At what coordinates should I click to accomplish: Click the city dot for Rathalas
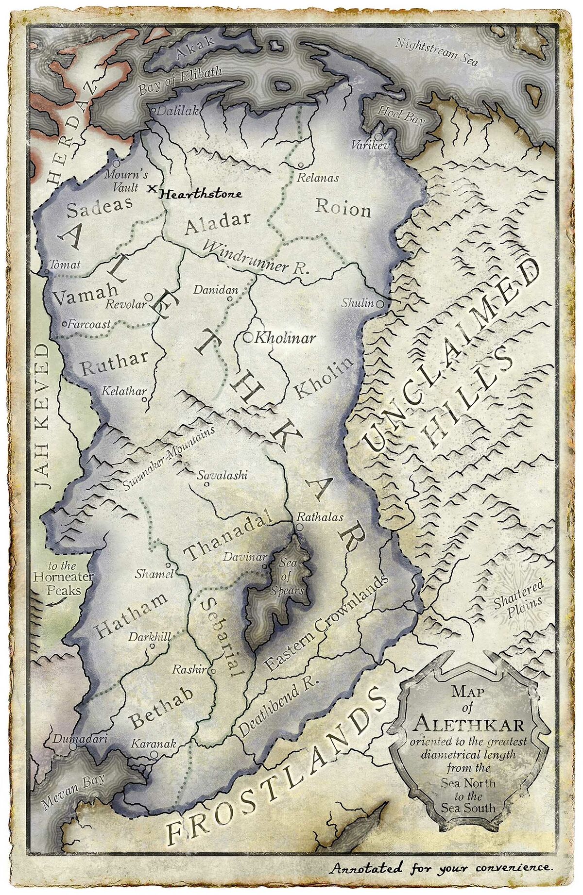tap(299, 526)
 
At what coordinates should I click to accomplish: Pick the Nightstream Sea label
tap(436, 52)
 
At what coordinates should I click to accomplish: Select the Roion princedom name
tap(343, 208)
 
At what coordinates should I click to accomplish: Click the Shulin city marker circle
tap(380, 304)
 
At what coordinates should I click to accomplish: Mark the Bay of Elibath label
tap(180, 81)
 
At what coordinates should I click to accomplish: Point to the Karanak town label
tap(154, 744)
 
